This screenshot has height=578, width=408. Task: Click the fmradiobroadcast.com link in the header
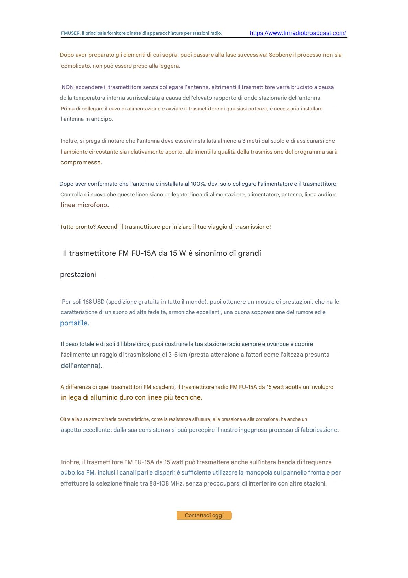tap(298, 33)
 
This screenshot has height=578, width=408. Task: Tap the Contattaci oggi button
tap(204, 515)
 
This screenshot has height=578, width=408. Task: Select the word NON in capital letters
tap(68, 87)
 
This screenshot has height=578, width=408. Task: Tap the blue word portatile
tap(75, 323)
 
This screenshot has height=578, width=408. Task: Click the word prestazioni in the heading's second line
tap(78, 275)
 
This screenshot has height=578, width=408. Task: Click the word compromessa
tap(81, 162)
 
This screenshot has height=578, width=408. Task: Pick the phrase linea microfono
tap(84, 205)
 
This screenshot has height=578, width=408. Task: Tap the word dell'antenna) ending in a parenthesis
tap(81, 366)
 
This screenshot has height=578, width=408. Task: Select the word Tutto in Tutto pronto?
tap(67, 227)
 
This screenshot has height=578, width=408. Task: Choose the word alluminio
tap(104, 397)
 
